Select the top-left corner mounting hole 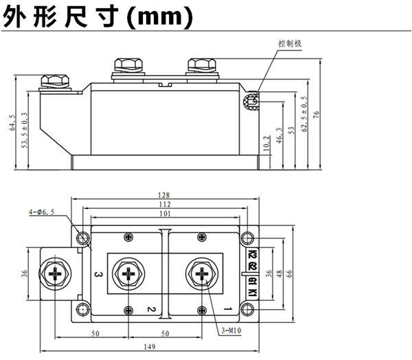click(83, 238)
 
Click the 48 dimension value click(279, 273)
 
